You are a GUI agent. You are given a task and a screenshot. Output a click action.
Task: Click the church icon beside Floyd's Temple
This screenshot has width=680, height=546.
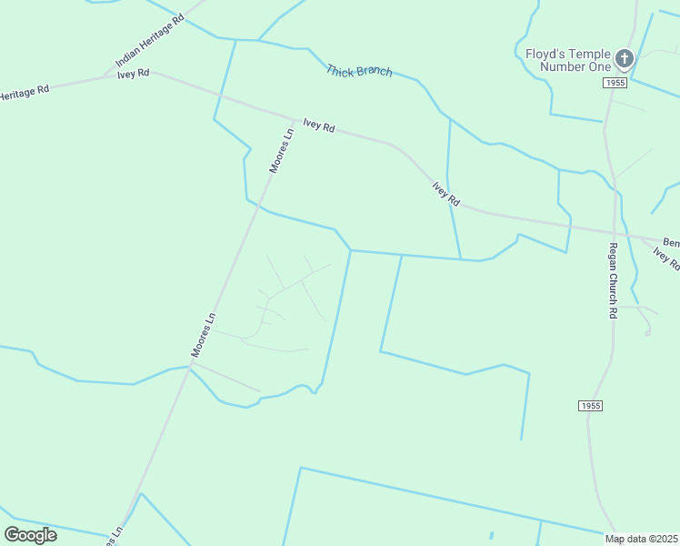pos(624,59)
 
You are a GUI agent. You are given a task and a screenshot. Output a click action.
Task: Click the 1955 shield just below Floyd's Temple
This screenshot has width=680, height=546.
pos(615,83)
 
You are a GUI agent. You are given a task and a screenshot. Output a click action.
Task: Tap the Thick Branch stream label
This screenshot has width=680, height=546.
pos(359,70)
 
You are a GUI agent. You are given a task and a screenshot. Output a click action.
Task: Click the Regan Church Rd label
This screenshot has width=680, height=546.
pos(613,280)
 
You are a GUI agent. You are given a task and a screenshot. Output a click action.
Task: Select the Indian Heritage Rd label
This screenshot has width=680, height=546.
pos(150,41)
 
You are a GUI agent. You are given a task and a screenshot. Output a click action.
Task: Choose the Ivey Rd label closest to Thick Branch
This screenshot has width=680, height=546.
pos(319,126)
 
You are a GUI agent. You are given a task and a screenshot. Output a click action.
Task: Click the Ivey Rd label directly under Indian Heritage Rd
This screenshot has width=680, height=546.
pos(133,74)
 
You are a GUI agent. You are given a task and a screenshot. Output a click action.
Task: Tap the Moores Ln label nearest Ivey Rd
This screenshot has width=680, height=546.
pos(282,151)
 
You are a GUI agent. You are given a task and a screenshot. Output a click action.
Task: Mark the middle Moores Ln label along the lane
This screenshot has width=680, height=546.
pos(204,335)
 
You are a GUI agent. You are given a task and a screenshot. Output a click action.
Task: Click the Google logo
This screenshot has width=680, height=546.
pos(30,534)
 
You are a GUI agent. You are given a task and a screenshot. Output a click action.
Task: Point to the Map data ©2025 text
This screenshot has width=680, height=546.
pos(642,539)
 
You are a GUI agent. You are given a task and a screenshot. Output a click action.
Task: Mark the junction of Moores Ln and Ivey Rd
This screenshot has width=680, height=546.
pos(294,119)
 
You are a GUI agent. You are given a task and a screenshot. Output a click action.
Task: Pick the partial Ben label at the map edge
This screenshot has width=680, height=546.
pos(671,243)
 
